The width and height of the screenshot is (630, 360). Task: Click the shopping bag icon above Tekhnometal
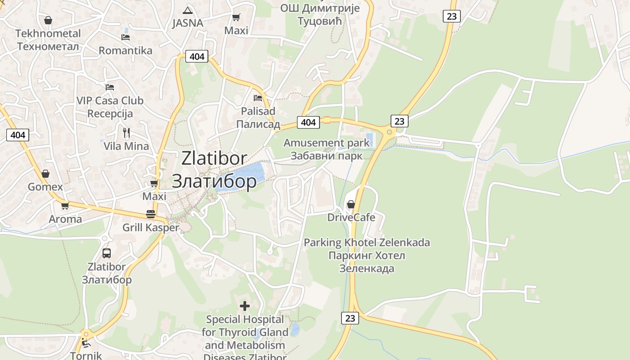(48, 20)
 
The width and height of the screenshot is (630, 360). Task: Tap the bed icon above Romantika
(126, 37)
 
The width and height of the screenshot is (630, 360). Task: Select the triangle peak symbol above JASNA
(188, 10)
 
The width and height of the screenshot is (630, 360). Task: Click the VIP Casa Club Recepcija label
(110, 107)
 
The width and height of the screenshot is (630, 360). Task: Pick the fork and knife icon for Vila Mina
(126, 132)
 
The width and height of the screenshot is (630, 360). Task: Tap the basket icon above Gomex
(45, 174)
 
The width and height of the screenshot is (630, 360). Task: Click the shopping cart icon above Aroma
(65, 206)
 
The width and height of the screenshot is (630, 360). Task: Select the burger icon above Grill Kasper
(151, 214)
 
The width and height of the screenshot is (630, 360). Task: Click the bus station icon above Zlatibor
(107, 253)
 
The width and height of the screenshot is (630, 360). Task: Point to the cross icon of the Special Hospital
(245, 306)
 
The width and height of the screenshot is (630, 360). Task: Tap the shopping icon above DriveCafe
(351, 205)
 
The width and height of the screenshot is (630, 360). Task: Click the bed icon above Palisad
(258, 98)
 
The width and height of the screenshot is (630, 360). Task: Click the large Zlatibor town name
(214, 169)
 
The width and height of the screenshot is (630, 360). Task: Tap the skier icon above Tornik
(86, 343)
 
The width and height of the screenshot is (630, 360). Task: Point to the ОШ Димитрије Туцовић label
(320, 14)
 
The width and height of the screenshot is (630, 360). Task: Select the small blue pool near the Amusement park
(369, 139)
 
